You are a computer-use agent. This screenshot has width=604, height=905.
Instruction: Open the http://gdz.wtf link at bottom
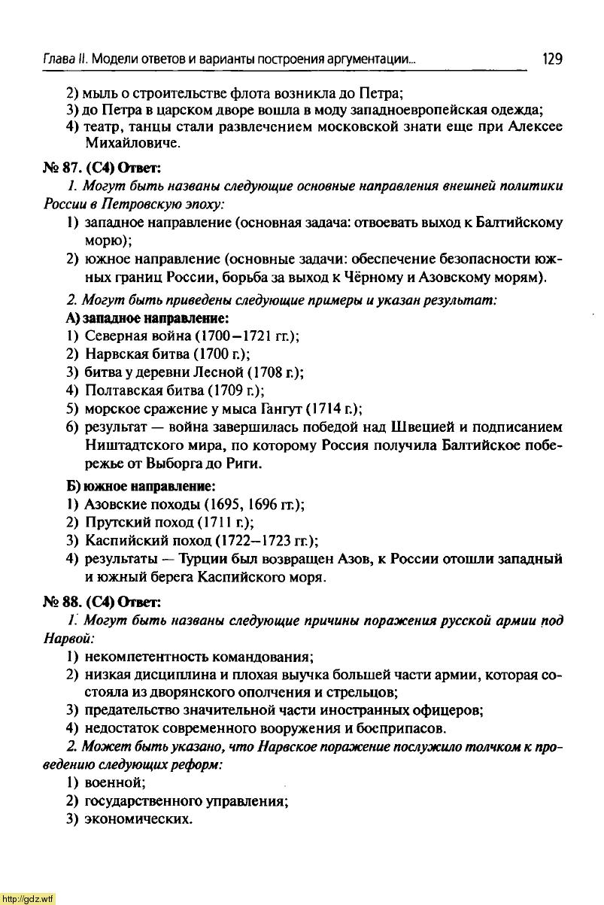pyautogui.click(x=29, y=898)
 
